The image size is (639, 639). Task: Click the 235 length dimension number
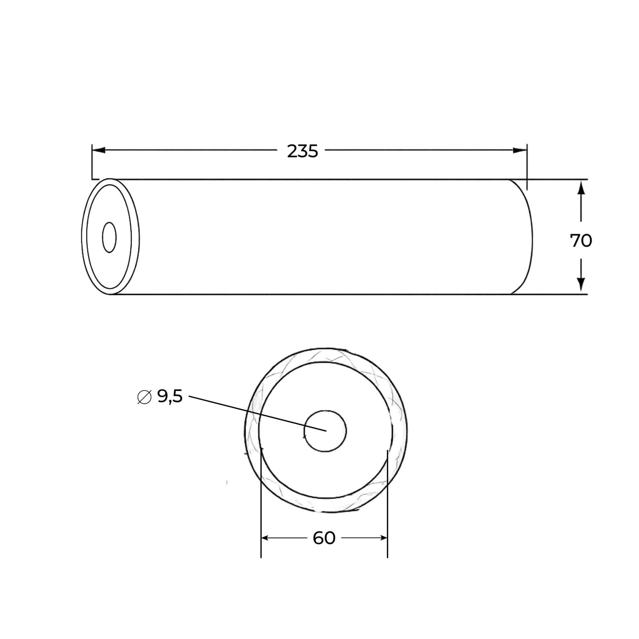tap(302, 152)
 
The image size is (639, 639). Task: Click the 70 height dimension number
tap(581, 241)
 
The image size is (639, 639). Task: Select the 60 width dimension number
tap(324, 538)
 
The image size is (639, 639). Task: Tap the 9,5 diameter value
tap(170, 397)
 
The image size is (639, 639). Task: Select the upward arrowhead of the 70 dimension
tap(581, 187)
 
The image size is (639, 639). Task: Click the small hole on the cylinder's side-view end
tap(109, 237)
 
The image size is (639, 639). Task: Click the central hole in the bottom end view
tap(325, 431)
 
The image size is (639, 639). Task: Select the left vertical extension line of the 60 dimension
tap(261, 509)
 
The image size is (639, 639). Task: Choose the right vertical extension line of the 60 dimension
tap(387, 509)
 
